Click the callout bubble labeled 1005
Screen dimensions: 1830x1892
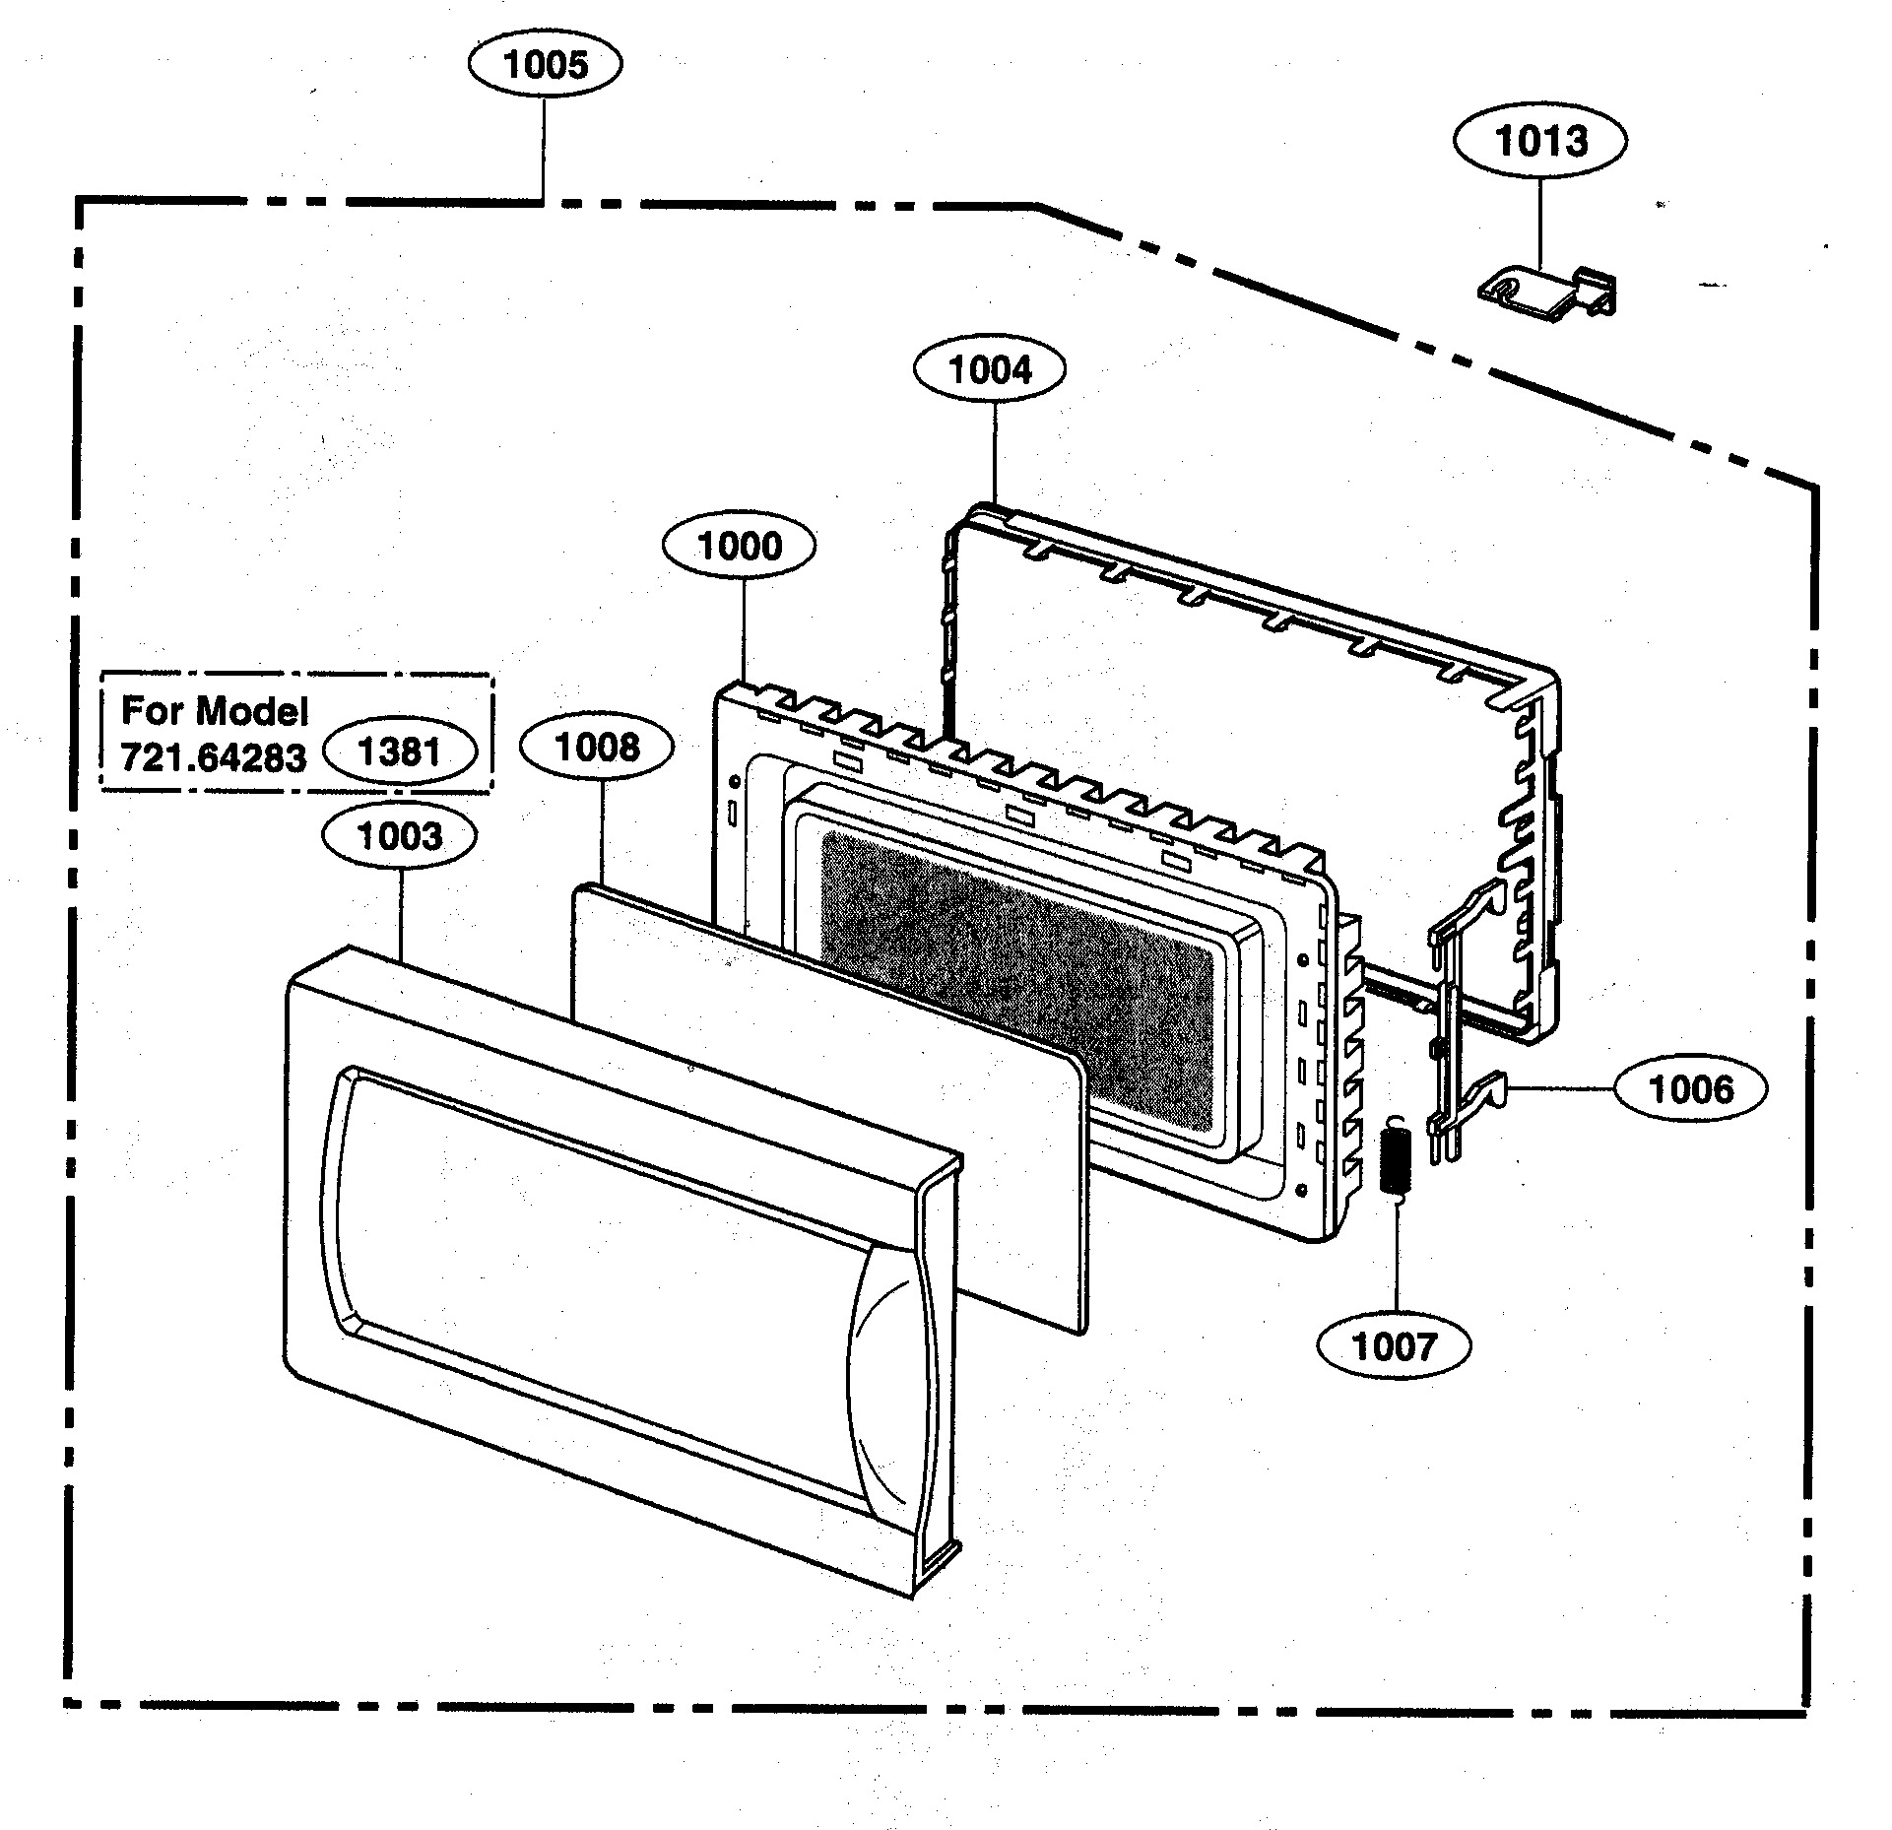[x=545, y=65]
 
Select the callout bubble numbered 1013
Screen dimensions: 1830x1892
[x=1539, y=141]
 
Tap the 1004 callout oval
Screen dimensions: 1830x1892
[x=990, y=371]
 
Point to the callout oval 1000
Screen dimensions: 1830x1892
[x=739, y=547]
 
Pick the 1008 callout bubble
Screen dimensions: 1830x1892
[x=597, y=748]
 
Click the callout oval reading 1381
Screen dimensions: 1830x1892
[x=401, y=752]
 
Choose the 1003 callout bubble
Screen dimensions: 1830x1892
[x=400, y=837]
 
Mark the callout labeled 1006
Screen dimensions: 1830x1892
[x=1690, y=1089]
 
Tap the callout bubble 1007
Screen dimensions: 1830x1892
[x=1394, y=1345]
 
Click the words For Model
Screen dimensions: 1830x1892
[x=215, y=711]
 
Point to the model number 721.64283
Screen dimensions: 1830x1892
[x=213, y=757]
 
